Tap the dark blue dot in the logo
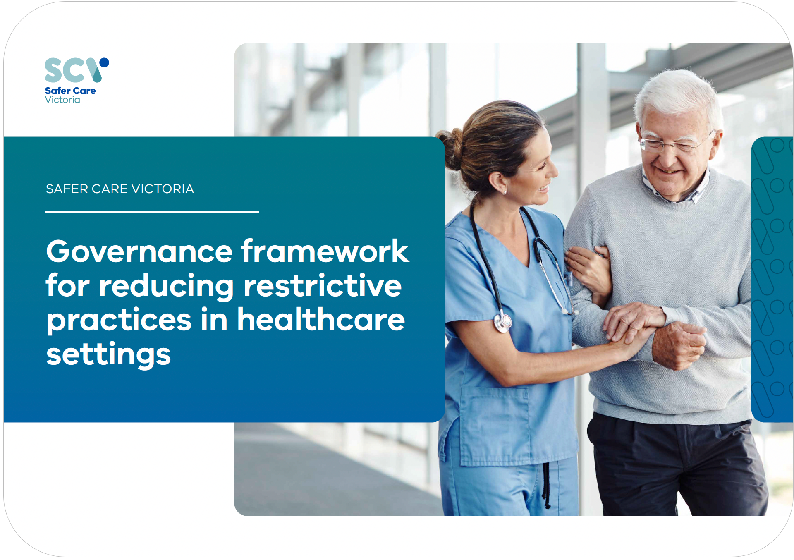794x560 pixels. pyautogui.click(x=104, y=62)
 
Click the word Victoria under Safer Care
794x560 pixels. pyautogui.click(x=62, y=100)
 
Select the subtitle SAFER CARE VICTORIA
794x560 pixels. pyautogui.click(x=120, y=189)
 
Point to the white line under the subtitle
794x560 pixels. pyautogui.click(x=152, y=212)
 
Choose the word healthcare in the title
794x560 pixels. pyautogui.click(x=321, y=319)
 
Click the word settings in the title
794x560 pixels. pyautogui.click(x=108, y=355)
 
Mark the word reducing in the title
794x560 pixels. pyautogui.click(x=166, y=287)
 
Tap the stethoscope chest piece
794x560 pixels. pyautogui.click(x=503, y=323)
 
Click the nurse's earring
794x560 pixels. pyautogui.click(x=505, y=192)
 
